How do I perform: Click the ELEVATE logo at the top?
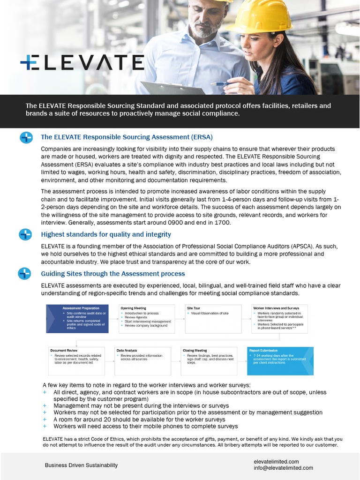click(82, 62)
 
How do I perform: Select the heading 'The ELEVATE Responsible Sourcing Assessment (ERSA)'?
click(127, 137)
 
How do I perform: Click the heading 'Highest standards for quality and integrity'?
click(106, 234)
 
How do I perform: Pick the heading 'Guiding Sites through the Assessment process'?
click(113, 274)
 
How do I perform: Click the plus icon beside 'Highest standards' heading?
click(25, 234)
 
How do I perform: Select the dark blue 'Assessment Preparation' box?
click(77, 319)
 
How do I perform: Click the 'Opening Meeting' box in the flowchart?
click(146, 319)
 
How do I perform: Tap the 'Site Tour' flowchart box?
click(213, 319)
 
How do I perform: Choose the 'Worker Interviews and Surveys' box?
click(280, 319)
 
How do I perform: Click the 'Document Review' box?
click(77, 361)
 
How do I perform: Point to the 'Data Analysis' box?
click(143, 361)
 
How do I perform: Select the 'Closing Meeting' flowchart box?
click(210, 361)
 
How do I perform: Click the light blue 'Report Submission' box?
click(280, 361)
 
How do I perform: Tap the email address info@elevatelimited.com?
click(283, 468)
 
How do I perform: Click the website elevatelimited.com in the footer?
click(276, 462)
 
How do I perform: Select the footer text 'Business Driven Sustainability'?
click(81, 465)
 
